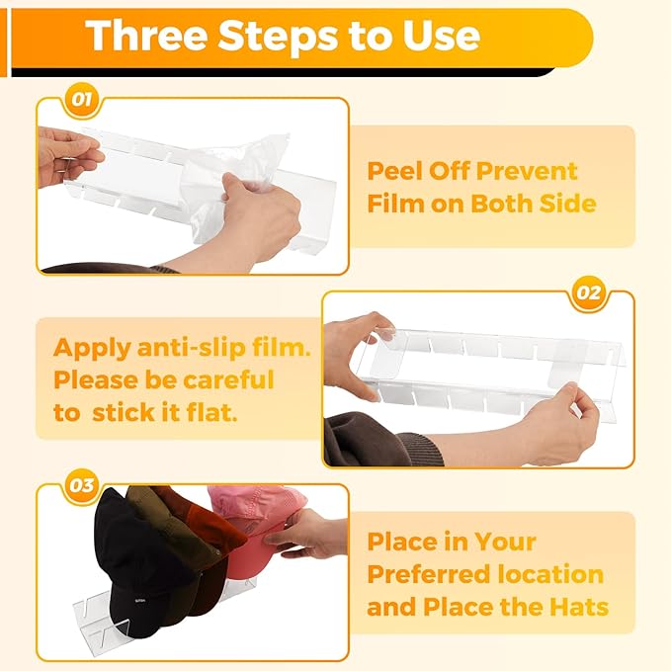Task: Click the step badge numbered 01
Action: click(81, 100)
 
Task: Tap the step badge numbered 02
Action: click(588, 294)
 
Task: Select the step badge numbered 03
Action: click(81, 485)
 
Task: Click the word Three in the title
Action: click(146, 36)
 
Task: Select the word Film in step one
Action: click(395, 204)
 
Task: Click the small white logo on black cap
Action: click(140, 601)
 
